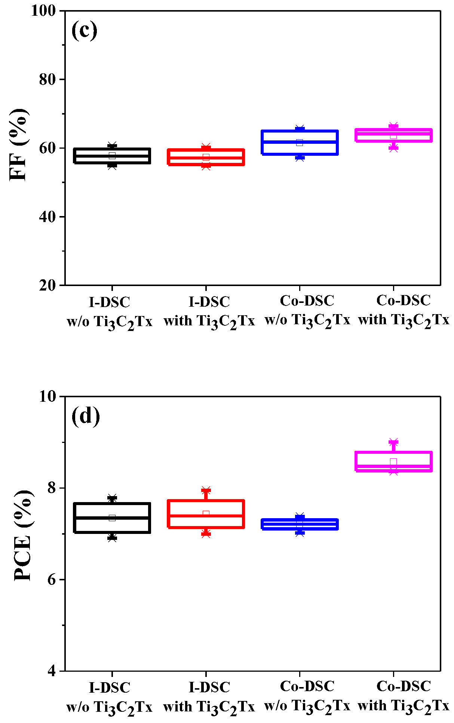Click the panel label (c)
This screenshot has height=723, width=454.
[84, 30]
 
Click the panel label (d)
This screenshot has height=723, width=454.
[86, 416]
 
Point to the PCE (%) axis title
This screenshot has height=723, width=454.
[22, 535]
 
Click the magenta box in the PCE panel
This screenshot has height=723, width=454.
[393, 461]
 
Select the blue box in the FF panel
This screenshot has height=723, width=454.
[300, 142]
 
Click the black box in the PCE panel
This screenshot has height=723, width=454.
[112, 518]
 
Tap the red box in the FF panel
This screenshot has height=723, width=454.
[206, 157]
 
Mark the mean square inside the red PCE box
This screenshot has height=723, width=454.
[206, 514]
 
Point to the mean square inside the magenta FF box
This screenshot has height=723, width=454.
[393, 136]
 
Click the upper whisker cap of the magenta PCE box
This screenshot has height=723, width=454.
[393, 442]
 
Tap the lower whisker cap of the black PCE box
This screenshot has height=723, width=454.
[112, 538]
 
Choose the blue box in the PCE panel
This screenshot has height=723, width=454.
[300, 524]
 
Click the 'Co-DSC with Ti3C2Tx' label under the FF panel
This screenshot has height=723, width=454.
[404, 310]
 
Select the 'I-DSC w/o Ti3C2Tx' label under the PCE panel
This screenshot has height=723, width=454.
[109, 696]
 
